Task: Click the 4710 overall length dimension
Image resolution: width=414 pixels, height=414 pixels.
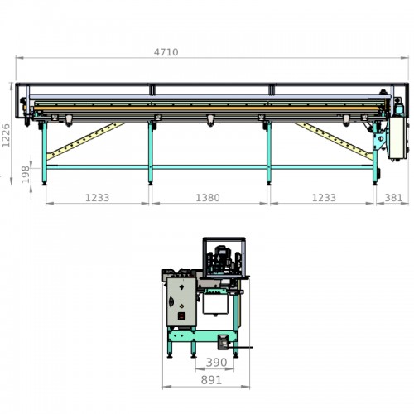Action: pyautogui.click(x=166, y=52)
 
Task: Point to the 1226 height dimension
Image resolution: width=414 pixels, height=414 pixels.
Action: pyautogui.click(x=6, y=136)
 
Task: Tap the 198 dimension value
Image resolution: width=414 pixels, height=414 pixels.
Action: pyautogui.click(x=26, y=175)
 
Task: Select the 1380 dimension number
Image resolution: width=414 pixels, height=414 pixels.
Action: pyautogui.click(x=208, y=198)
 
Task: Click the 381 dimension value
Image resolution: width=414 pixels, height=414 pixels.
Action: pyautogui.click(x=393, y=198)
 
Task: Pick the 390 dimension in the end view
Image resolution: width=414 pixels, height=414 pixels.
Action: pyautogui.click(x=217, y=363)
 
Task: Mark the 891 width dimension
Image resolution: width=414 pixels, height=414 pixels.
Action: pyautogui.click(x=211, y=380)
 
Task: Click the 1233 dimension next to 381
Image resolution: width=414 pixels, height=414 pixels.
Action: pyautogui.click(x=324, y=198)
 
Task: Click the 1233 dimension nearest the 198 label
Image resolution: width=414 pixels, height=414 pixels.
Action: pyautogui.click(x=97, y=198)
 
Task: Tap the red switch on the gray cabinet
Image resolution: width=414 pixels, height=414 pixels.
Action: pyautogui.click(x=181, y=316)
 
